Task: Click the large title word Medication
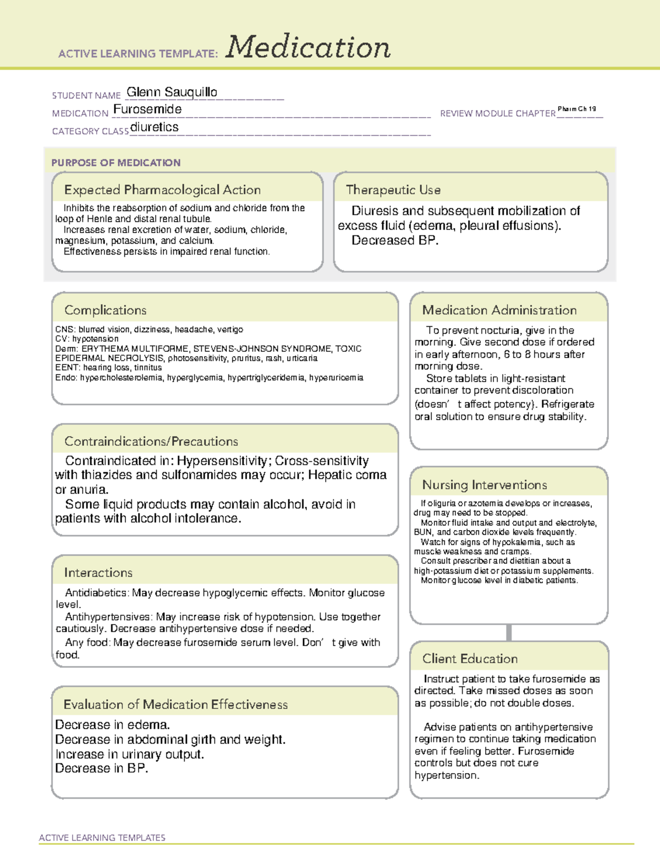pos(308,47)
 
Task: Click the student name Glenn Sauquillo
pos(172,92)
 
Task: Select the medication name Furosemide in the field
pos(147,109)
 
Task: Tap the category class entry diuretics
pos(155,127)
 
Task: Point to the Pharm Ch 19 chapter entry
pos(576,109)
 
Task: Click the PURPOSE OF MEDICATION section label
pos(116,163)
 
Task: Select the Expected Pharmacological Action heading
pos(162,190)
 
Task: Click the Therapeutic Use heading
pos(393,190)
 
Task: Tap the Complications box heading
pos(105,310)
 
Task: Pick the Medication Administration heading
pos(499,310)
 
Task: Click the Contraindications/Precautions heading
pos(151,442)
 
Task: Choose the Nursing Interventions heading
pos(484,485)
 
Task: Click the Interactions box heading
pos(98,573)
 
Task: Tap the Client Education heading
pos(470,659)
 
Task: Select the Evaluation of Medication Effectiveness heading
pos(175,705)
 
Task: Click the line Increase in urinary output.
pos(129,754)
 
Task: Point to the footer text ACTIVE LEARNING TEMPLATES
pos(102,838)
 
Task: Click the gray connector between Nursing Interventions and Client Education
pos(509,633)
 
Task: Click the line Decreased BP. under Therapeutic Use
pos(395,241)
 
